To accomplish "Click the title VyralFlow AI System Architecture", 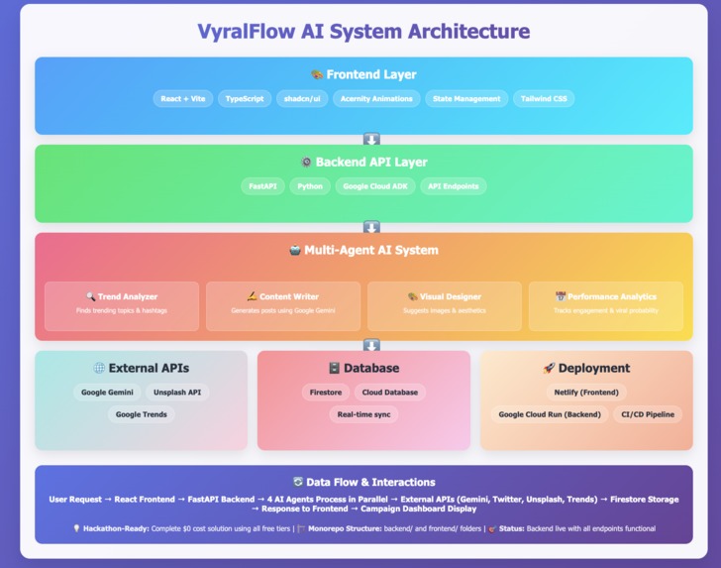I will point(362,32).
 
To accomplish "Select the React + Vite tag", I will point(183,99).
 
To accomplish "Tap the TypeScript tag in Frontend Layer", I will point(245,99).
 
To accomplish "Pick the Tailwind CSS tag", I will point(544,99).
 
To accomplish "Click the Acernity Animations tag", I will point(376,99).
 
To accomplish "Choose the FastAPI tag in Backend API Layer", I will point(263,186).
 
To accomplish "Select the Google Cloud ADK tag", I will point(375,186).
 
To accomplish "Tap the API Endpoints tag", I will point(453,186).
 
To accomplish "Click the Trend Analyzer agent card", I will point(122,305).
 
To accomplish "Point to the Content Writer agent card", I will point(283,305).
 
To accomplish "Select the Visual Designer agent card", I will point(445,305).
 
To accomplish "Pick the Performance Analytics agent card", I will point(605,305).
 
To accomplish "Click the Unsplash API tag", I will point(177,393).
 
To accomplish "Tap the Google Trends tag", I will point(141,414).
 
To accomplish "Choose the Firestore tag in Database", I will point(326,393).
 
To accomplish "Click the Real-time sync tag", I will point(363,414).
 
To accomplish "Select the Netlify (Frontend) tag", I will point(586,393).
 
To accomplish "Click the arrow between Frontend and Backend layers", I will point(371,140).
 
